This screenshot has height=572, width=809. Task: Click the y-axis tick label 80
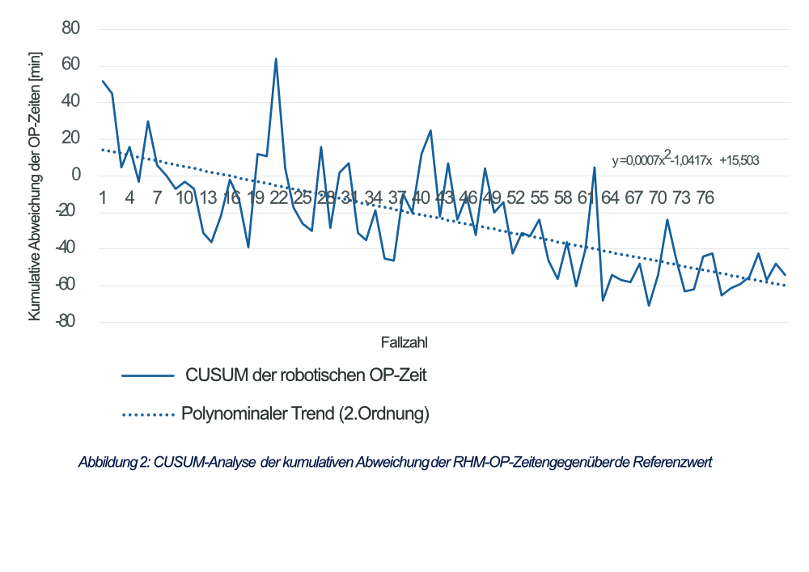[x=71, y=28]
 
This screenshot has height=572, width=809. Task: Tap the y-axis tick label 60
[x=71, y=66]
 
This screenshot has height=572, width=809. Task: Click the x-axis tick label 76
[x=705, y=197]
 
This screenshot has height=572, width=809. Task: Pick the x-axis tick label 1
[x=104, y=197]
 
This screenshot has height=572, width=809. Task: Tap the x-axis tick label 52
[x=516, y=197]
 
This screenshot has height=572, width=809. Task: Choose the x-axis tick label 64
[x=610, y=197]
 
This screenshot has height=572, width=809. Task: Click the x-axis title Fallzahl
[x=404, y=342]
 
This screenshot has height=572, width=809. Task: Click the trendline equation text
[x=685, y=160]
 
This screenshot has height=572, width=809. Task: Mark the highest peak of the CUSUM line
[x=276, y=58]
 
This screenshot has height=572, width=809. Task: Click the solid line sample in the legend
[x=148, y=375]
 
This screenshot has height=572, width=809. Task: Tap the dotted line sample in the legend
[x=148, y=415]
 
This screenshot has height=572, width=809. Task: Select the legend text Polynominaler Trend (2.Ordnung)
[x=305, y=414]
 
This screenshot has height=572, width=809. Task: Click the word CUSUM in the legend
[x=212, y=375]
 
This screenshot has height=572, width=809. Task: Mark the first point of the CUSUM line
[x=103, y=81]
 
